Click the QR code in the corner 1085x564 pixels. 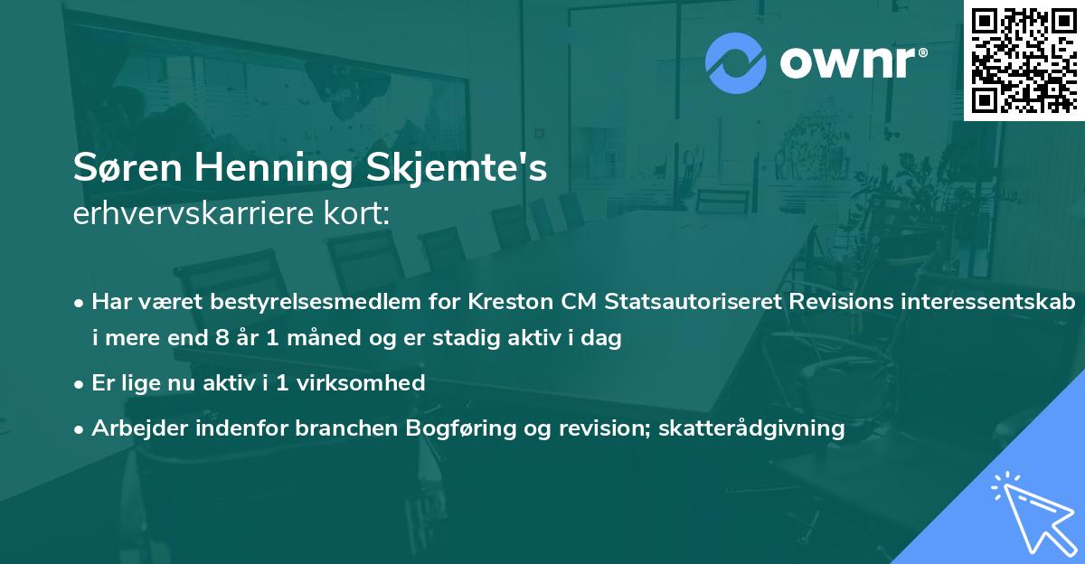(x=1024, y=60)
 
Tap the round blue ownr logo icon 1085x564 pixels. (x=735, y=62)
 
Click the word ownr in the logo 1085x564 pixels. (x=851, y=63)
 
